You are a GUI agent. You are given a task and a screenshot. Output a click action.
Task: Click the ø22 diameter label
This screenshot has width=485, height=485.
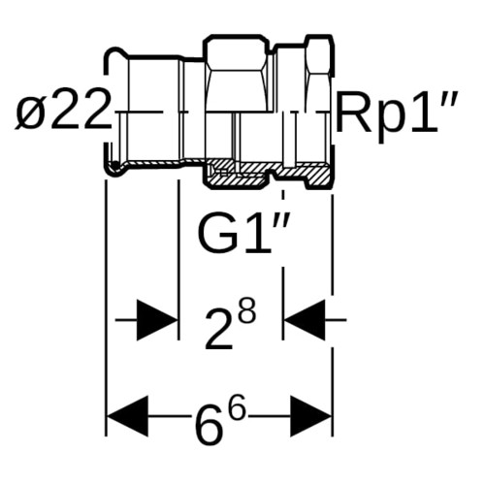tap(61, 110)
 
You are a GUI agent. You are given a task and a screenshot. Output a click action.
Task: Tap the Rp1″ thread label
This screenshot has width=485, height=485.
tap(396, 112)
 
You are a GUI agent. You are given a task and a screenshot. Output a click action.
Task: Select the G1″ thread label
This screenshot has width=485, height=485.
tap(243, 232)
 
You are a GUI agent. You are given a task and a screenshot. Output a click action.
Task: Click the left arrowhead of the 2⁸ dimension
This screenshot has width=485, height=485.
tap(157, 320)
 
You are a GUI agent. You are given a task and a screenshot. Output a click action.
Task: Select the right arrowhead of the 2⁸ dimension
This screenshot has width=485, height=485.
tap(305, 320)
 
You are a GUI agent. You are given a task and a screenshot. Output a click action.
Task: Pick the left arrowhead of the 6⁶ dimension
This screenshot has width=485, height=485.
tap(127, 415)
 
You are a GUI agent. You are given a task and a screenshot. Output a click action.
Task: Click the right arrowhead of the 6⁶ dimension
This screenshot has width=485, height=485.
tap(311, 415)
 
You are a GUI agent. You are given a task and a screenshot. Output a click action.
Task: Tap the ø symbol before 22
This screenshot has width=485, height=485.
tap(31, 113)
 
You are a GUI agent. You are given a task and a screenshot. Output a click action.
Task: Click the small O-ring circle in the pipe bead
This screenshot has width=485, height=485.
tap(114, 166)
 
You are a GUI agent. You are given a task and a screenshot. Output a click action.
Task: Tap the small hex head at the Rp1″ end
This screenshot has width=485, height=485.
tap(319, 56)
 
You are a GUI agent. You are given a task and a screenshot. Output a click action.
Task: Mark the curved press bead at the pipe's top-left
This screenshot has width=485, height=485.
tap(114, 55)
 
